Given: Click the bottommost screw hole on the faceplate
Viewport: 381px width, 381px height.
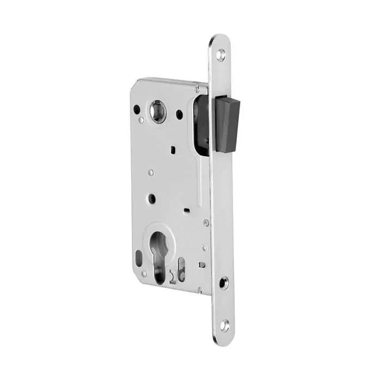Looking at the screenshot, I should pos(224,325).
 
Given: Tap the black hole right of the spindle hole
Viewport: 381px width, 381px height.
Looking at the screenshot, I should pos(179,114).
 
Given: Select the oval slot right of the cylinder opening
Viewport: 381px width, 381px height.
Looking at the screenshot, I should pos(182,266).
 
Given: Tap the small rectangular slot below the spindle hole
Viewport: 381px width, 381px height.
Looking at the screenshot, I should pos(172,147).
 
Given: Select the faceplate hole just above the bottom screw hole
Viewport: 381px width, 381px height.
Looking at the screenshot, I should pos(224,282).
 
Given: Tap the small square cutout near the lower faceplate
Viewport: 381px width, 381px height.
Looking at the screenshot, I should pos(201,265).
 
